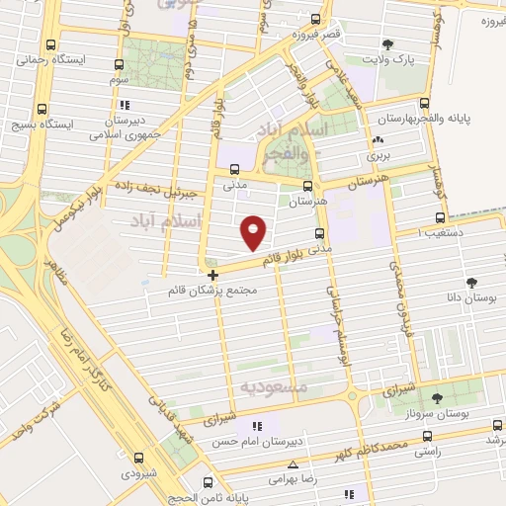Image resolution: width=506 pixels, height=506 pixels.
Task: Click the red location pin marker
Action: pyautogui.click(x=255, y=230)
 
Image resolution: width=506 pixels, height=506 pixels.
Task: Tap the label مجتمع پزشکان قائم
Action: pyautogui.click(x=213, y=291)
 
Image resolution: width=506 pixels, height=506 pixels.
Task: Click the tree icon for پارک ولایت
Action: pyautogui.click(x=389, y=43)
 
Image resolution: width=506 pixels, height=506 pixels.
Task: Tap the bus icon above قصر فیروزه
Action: pyautogui.click(x=316, y=19)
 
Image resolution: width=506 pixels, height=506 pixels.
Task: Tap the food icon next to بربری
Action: pyautogui.click(x=379, y=139)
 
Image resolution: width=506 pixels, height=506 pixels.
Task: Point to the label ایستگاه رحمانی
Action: pyautogui.click(x=57, y=59)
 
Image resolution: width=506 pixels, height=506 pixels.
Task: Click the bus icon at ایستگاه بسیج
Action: pyautogui.click(x=42, y=109)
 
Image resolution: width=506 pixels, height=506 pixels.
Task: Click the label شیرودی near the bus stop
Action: pyautogui.click(x=139, y=473)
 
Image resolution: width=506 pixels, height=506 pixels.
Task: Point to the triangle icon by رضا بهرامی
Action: pyautogui.click(x=293, y=464)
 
